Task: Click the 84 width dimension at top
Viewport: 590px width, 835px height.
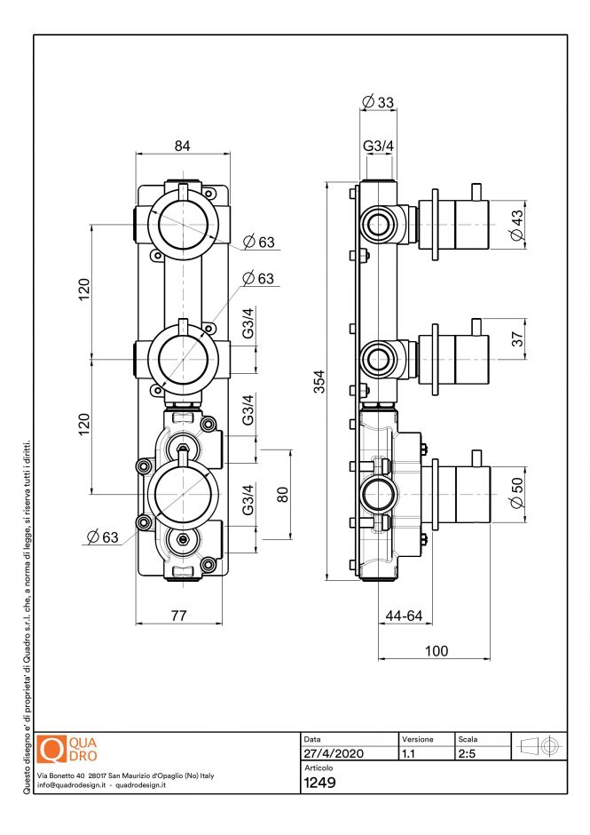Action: point(182,146)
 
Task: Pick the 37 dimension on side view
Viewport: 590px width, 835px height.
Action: point(517,338)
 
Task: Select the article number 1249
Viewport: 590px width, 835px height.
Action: point(319,783)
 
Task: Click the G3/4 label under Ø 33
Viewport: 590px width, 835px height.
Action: point(378,146)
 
